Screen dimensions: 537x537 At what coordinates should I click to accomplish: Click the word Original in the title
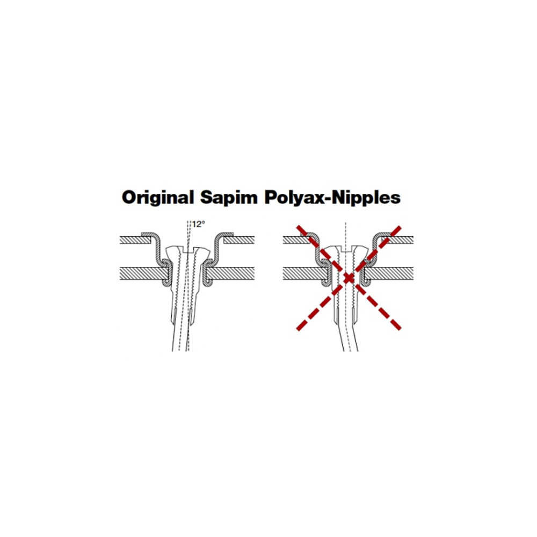click(157, 198)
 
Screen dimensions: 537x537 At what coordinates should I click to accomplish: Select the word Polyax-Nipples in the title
click(332, 198)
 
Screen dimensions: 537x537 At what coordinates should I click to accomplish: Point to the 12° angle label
click(198, 224)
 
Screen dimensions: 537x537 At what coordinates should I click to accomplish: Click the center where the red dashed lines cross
click(349, 278)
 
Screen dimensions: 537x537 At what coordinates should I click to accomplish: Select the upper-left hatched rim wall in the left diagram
click(135, 240)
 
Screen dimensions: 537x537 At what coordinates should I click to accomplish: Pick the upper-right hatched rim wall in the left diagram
click(239, 240)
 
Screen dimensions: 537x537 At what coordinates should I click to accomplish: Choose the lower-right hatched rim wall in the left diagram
click(231, 274)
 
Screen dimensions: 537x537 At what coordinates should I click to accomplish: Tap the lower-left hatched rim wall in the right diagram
click(306, 273)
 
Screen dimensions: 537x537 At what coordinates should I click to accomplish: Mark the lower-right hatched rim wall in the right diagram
click(389, 273)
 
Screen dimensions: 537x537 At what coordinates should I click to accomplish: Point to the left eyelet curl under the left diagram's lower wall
click(166, 283)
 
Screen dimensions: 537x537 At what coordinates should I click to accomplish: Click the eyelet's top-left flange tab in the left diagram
click(148, 234)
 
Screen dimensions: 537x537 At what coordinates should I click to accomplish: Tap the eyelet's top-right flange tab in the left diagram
click(227, 234)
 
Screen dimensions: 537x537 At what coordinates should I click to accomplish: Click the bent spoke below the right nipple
click(350, 337)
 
